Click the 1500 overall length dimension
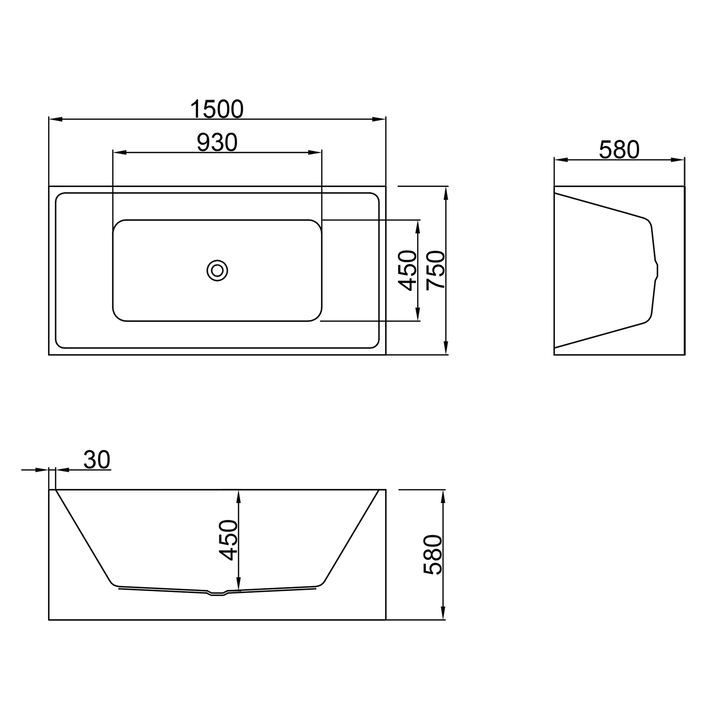(x=217, y=109)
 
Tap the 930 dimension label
(x=217, y=143)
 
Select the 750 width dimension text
(x=435, y=271)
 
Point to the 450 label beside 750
(x=408, y=271)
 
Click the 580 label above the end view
(x=619, y=150)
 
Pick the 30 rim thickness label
(x=97, y=459)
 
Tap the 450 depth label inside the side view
(x=229, y=540)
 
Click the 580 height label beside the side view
(x=433, y=554)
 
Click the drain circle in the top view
(x=217, y=271)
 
